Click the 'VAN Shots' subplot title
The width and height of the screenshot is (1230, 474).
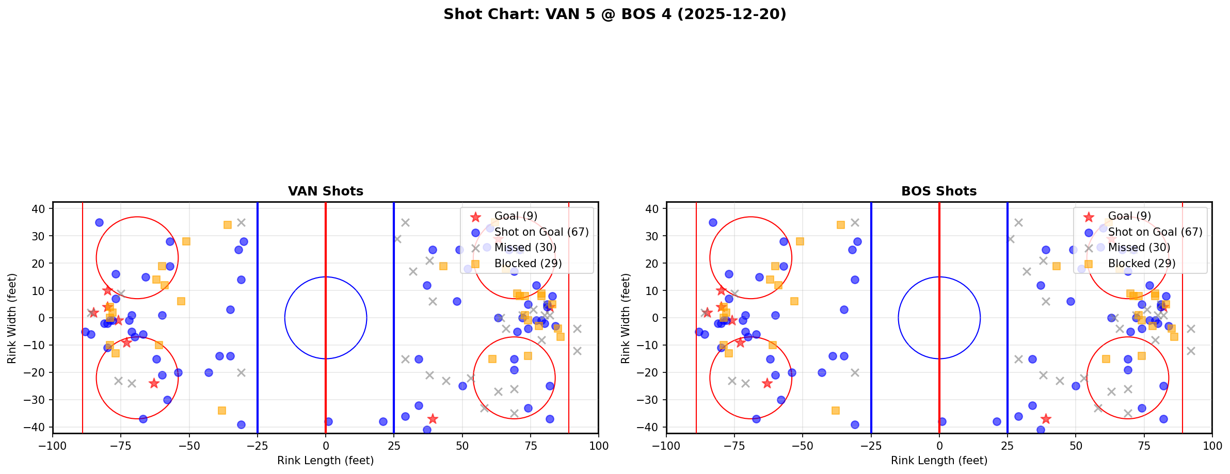pyautogui.click(x=326, y=191)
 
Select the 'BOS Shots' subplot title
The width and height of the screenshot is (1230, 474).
pyautogui.click(x=939, y=191)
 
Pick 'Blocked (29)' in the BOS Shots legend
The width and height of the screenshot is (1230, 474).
pyautogui.click(x=1142, y=264)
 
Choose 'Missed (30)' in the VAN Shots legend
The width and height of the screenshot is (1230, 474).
pyautogui.click(x=525, y=248)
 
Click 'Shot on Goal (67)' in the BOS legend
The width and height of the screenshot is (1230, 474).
pyautogui.click(x=1155, y=232)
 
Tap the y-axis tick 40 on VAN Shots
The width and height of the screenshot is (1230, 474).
pyautogui.click(x=41, y=208)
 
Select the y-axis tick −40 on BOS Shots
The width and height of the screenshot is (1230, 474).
pyautogui.click(x=652, y=427)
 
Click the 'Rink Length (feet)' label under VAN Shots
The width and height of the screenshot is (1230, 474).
pyautogui.click(x=326, y=461)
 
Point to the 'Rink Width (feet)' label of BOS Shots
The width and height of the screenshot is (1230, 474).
pyautogui.click(x=626, y=318)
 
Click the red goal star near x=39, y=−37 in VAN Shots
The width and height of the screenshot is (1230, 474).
pyautogui.click(x=433, y=419)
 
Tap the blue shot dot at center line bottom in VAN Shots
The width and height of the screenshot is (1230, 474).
pyautogui.click(x=328, y=421)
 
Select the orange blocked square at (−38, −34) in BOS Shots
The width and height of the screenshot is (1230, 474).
pyautogui.click(x=836, y=411)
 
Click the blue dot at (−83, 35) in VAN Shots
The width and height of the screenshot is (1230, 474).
pyautogui.click(x=99, y=222)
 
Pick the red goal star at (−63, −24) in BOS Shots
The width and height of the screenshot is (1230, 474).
pyautogui.click(x=767, y=383)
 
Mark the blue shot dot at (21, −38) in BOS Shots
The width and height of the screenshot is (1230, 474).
pyautogui.click(x=997, y=421)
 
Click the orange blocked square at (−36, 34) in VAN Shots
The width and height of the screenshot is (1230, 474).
pyautogui.click(x=228, y=225)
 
